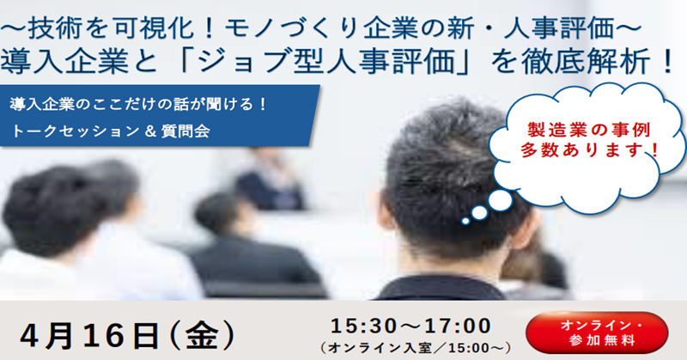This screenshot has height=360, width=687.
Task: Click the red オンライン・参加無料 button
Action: [x=597, y=333]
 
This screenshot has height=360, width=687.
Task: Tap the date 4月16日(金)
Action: [x=127, y=336]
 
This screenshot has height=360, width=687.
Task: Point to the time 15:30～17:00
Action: [x=411, y=326]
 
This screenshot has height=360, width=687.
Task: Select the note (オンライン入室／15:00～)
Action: [x=416, y=348]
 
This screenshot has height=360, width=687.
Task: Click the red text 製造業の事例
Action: [x=589, y=130]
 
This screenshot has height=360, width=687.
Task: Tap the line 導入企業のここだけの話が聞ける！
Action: [x=138, y=105]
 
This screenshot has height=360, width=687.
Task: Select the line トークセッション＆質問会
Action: [x=110, y=131]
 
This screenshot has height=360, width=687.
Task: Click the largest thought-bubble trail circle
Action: [x=500, y=200]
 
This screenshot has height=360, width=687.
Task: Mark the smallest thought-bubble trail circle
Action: [x=465, y=222]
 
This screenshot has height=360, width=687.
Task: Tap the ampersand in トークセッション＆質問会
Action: [x=150, y=131]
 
